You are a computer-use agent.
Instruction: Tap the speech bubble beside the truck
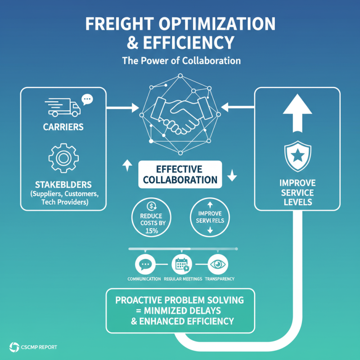point(86,99)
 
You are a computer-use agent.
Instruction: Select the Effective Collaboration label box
point(180,175)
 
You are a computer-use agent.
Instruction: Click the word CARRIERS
point(63,127)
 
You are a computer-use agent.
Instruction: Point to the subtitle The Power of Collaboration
point(181,60)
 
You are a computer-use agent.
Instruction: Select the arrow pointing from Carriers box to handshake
point(122,108)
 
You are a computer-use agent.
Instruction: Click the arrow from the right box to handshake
point(238,108)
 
